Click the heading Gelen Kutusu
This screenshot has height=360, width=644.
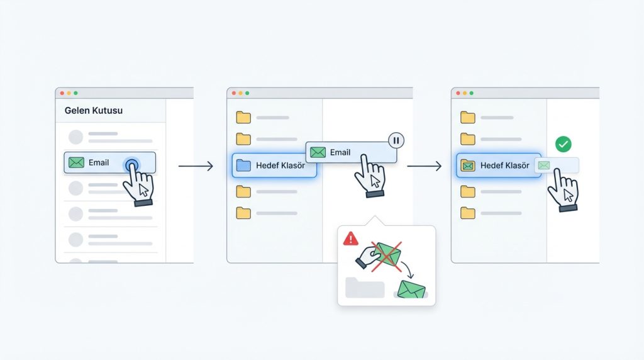94,111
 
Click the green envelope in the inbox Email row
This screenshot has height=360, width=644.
76,162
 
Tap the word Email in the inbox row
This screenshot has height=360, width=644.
99,163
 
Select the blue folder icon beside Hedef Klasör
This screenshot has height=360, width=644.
243,165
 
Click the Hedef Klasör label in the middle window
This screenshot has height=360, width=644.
280,166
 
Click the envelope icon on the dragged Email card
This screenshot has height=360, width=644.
318,152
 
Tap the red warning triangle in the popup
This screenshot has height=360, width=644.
350,239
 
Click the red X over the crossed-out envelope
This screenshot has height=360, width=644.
386,257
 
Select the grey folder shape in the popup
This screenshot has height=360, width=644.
365,287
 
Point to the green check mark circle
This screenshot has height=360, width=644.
563,144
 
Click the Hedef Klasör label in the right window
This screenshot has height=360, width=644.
505,166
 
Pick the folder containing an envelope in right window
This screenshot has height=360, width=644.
468,165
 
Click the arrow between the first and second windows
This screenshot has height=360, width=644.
196,166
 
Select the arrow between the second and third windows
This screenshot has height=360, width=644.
425,166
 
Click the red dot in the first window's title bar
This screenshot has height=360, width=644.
62,93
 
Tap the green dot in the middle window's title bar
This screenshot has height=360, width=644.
247,93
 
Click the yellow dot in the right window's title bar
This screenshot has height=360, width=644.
465,93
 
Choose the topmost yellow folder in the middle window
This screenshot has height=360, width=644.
243,118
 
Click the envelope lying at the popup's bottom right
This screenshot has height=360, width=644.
411,290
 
